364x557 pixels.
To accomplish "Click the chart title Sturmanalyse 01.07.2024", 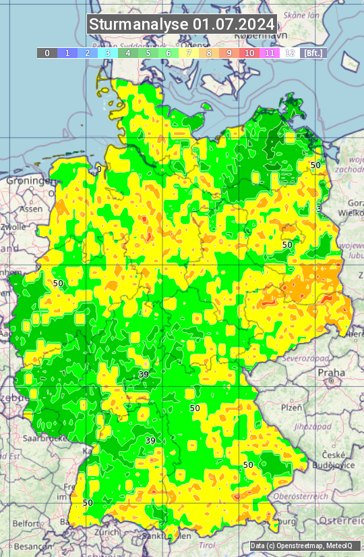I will (182, 24).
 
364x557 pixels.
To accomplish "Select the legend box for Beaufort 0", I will (47, 53).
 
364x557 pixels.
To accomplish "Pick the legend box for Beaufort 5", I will (148, 53).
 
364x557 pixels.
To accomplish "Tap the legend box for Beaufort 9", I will (229, 53).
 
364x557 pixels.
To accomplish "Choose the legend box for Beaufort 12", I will (290, 53).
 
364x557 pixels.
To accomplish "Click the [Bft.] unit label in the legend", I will (313, 53).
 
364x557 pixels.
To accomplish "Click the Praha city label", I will (331, 372).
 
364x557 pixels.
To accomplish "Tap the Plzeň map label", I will (291, 407).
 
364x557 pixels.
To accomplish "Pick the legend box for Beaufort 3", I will (108, 53).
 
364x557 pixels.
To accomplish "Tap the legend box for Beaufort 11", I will (270, 53).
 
